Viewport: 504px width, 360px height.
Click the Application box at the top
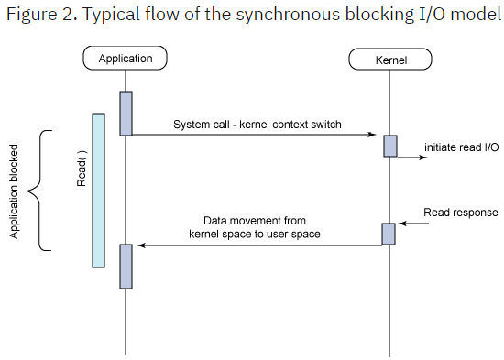(125, 59)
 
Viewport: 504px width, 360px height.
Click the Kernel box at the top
(390, 60)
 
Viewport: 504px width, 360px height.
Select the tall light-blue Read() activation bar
(98, 191)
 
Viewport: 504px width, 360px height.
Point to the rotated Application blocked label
(15, 191)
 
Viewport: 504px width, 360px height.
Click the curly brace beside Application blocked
(39, 191)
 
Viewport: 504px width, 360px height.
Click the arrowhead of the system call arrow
(376, 136)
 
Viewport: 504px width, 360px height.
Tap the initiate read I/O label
(461, 147)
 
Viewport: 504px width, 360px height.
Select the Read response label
(461, 213)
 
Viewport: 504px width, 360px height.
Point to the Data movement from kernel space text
(255, 227)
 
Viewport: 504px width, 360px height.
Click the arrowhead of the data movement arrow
(140, 245)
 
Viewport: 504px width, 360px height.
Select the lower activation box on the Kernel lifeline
(389, 234)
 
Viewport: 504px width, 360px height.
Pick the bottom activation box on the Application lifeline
(126, 266)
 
